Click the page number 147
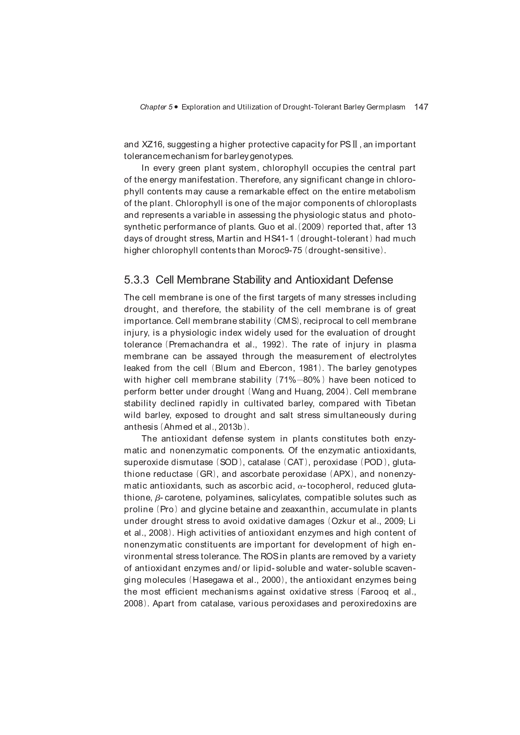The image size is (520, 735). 421,107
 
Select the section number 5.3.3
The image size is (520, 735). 137,280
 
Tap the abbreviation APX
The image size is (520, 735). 343,474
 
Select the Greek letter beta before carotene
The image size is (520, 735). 157,498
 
